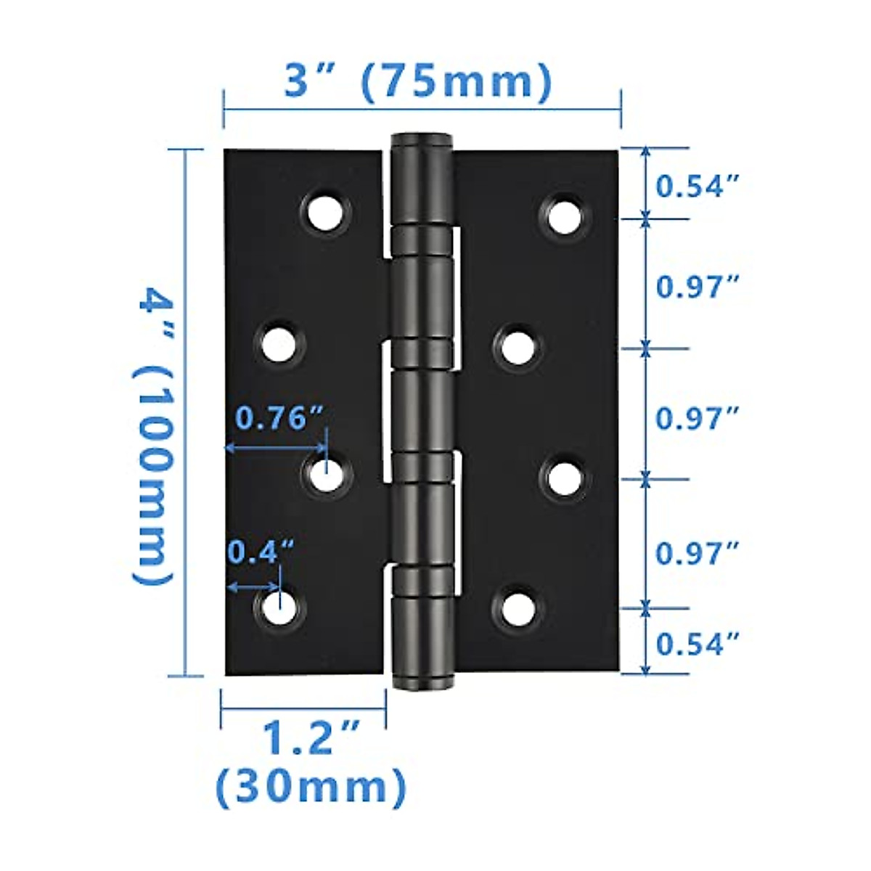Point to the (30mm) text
(311, 787)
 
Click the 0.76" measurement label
(279, 418)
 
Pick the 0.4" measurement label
(261, 552)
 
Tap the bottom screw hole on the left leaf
(279, 607)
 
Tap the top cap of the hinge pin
(422, 140)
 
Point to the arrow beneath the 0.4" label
(253, 586)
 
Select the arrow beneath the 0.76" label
(275, 448)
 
